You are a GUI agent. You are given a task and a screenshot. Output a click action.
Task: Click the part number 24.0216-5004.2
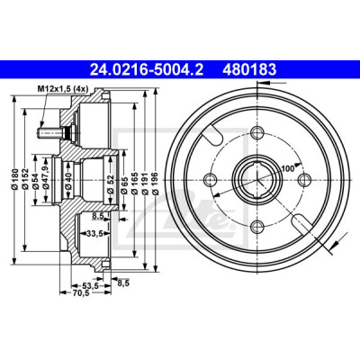click(x=147, y=70)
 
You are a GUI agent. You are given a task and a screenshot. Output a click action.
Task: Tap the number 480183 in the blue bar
click(x=249, y=70)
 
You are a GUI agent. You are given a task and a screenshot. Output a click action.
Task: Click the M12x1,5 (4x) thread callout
click(x=62, y=89)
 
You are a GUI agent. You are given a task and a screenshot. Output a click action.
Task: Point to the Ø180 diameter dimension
click(x=15, y=180)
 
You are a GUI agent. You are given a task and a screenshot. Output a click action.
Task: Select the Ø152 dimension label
click(x=25, y=180)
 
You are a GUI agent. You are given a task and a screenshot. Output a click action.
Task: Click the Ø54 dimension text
click(x=36, y=182)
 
